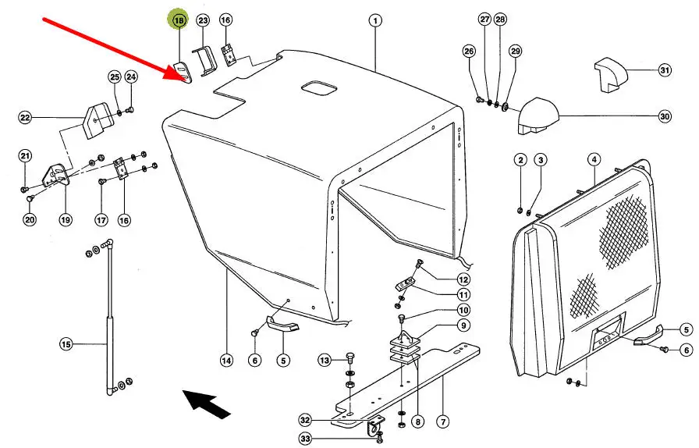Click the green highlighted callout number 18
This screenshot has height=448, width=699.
pyautogui.click(x=179, y=20)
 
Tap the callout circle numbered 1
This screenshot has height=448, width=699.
pyautogui.click(x=375, y=20)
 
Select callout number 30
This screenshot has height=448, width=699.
pyautogui.click(x=665, y=116)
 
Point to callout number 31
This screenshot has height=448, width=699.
pyautogui.click(x=665, y=70)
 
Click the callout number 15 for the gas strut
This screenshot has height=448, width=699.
pyautogui.click(x=66, y=344)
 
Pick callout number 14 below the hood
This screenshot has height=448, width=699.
pyautogui.click(x=226, y=360)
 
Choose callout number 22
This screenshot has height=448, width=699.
pyautogui.click(x=25, y=118)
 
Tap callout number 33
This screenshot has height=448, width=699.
pyautogui.click(x=305, y=439)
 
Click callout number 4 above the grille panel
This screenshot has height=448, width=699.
pyautogui.click(x=594, y=159)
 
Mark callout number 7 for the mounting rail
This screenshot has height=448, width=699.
pyautogui.click(x=442, y=421)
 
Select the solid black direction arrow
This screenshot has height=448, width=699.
pyautogui.click(x=207, y=404)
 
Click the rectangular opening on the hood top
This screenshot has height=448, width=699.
pyautogui.click(x=319, y=87)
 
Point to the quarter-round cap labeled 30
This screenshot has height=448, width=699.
pyautogui.click(x=538, y=116)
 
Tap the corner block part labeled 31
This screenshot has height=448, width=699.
pyautogui.click(x=611, y=74)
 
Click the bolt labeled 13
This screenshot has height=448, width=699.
pyautogui.click(x=350, y=357)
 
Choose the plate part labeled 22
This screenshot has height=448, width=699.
pyautogui.click(x=95, y=121)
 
